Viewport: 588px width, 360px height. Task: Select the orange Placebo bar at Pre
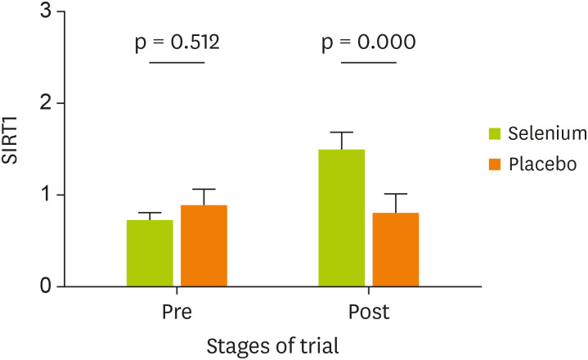click(204, 245)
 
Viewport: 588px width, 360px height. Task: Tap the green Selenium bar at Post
click(341, 218)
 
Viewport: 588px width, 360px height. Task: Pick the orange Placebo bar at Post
click(396, 250)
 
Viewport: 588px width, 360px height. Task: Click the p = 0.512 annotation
click(176, 41)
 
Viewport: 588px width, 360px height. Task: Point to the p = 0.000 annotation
click(368, 41)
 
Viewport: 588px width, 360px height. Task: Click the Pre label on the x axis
click(177, 313)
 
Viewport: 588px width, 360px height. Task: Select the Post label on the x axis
click(368, 313)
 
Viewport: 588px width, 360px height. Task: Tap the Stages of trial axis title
click(272, 344)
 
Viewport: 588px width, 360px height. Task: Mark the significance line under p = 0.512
click(176, 62)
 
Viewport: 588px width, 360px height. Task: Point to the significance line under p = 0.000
click(368, 62)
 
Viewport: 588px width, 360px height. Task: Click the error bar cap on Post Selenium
click(341, 132)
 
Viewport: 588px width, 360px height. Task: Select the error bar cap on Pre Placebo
click(204, 189)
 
